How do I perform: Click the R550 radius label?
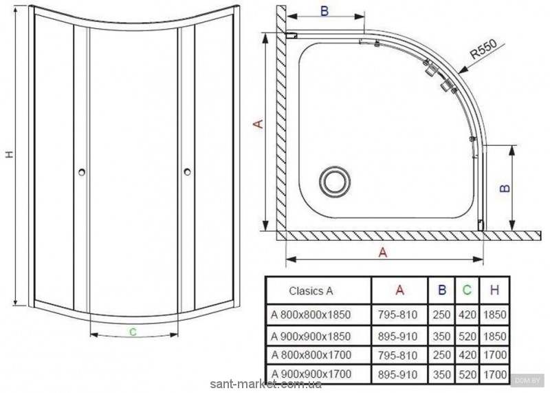[483, 49]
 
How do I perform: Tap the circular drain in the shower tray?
[335, 182]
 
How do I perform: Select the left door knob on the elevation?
[82, 172]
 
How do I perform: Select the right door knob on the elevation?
[187, 172]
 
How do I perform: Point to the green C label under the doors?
[133, 331]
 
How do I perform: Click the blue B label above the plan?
[324, 11]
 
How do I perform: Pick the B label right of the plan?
[505, 189]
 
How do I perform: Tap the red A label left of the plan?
[258, 124]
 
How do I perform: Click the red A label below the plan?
[383, 252]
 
